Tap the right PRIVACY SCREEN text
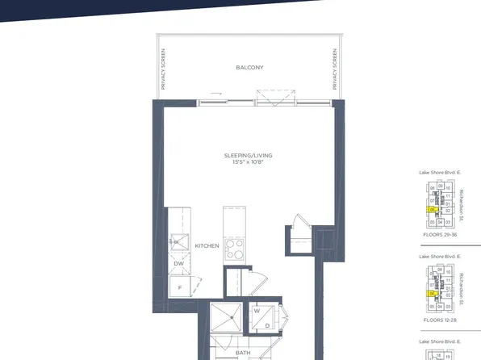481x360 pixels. tap(333, 69)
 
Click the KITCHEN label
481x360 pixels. tap(207, 245)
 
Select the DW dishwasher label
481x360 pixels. tap(178, 263)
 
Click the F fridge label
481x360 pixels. tap(179, 286)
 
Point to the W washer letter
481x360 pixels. tap(256, 311)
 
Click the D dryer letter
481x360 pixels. tap(266, 325)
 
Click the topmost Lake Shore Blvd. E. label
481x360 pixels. tap(439, 173)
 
